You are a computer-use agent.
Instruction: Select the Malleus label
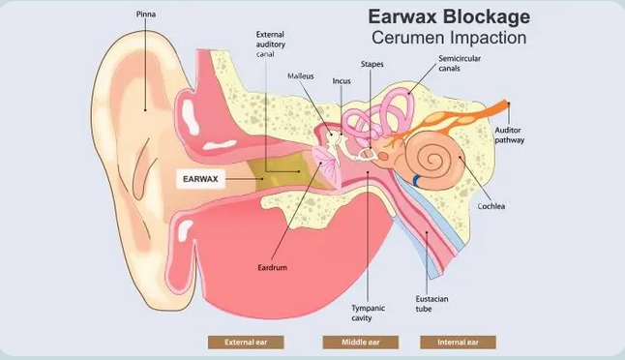[x=302, y=75]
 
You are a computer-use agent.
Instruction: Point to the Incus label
[x=342, y=81]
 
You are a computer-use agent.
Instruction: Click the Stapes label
[x=372, y=64]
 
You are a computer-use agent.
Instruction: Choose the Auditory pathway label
[x=511, y=135]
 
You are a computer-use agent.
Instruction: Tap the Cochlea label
[x=491, y=206]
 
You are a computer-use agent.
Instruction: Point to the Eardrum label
[x=273, y=266]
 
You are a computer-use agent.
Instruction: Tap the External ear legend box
[x=245, y=342]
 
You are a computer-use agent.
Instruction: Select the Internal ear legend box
[x=458, y=342]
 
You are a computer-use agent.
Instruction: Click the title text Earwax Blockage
[x=448, y=17]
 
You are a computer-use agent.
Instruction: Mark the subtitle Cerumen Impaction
[x=448, y=39]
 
